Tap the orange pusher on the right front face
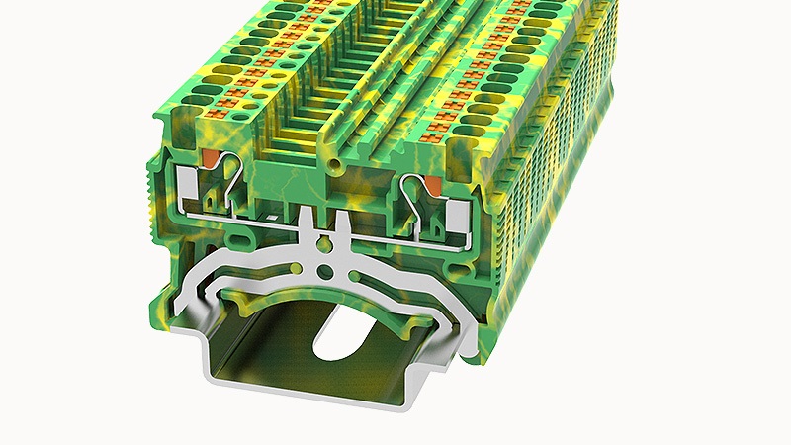pyautogui.click(x=432, y=181)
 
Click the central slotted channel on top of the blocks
pyautogui.click(x=336, y=119)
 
